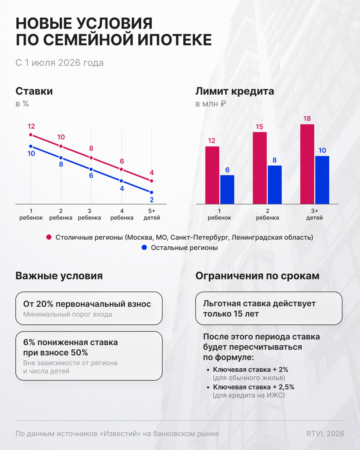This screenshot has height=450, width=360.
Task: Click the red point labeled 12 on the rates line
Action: tap(31, 135)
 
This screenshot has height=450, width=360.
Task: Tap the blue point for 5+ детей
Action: tap(151, 192)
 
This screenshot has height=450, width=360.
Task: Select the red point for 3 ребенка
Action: tap(91, 157)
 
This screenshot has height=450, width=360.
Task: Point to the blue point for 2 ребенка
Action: tap(61, 157)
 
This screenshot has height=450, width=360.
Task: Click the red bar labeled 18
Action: tap(307, 164)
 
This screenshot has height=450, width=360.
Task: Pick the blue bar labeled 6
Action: tap(227, 189)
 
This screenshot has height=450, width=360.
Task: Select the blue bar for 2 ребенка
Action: tap(274, 184)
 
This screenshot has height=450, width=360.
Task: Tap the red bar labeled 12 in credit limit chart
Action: tap(212, 175)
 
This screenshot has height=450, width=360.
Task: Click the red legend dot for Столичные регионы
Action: tap(49, 237)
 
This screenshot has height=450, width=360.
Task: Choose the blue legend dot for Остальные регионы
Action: tap(144, 247)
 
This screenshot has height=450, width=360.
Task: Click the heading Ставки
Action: tap(34, 91)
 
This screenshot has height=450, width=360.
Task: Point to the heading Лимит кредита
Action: tap(235, 91)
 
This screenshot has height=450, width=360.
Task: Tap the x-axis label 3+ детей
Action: tap(314, 214)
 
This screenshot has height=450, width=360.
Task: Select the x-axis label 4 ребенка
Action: tap(122, 214)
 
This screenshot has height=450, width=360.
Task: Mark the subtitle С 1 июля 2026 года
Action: tap(60, 63)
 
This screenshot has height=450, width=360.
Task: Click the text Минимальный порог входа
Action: tap(67, 314)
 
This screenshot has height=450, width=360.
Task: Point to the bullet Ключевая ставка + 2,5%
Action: tap(253, 387)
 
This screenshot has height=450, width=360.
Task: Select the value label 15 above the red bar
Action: tap(259, 127)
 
